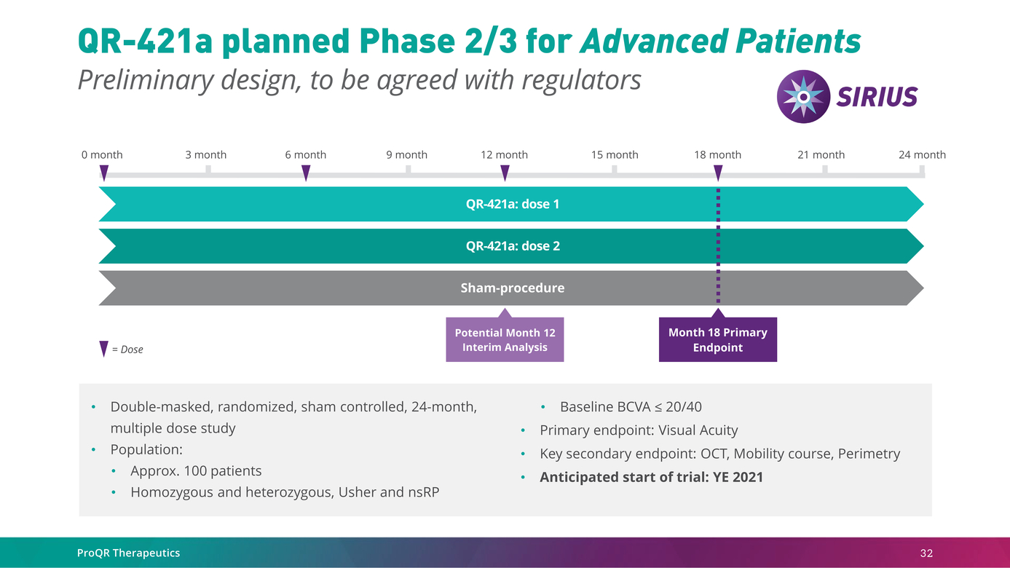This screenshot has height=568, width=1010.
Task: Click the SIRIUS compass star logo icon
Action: pos(802,96)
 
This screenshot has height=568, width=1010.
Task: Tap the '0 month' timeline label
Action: pos(102,155)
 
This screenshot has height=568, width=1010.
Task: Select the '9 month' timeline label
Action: pos(406,155)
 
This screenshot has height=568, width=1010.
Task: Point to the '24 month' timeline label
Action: pos(922,155)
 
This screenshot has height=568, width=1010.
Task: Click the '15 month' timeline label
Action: pos(615,155)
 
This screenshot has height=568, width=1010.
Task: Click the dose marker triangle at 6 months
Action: pos(306,173)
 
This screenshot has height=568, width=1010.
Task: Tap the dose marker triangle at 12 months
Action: pos(505,173)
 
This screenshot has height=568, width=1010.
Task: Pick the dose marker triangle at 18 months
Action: pos(718,173)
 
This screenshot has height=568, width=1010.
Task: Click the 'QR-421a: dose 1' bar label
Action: pos(513,204)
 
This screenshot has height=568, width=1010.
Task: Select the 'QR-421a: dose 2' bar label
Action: pos(513,246)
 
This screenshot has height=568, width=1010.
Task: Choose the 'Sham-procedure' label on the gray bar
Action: pos(513,288)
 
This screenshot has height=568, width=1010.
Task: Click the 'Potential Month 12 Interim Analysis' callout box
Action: pos(505,340)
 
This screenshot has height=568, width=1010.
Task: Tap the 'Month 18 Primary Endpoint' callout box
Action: pos(718,340)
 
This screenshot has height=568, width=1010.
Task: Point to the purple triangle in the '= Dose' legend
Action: pos(103,349)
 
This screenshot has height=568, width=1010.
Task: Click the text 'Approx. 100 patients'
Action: pos(196,471)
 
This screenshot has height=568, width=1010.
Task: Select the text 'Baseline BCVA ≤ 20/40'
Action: pos(631,407)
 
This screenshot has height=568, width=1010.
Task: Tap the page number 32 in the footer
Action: pos(926,553)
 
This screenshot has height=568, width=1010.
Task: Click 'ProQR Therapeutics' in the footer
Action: pos(128,553)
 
